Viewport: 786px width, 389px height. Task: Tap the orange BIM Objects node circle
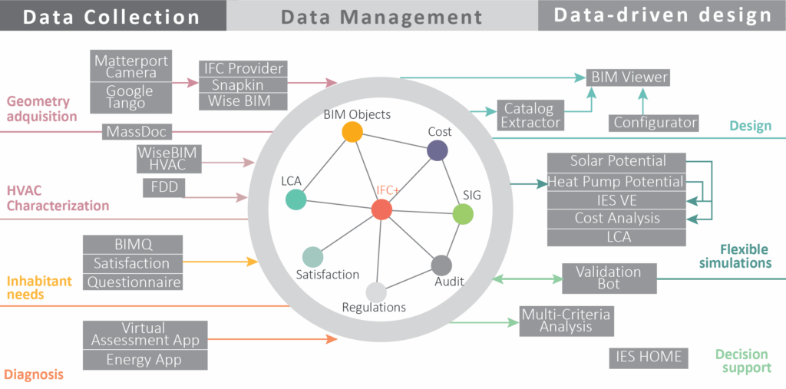tap(352, 132)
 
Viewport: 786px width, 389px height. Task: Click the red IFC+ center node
tap(381, 209)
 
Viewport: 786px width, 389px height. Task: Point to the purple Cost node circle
tap(437, 151)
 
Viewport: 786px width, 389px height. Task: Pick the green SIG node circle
tap(463, 214)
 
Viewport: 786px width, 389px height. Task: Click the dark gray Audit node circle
tap(441, 265)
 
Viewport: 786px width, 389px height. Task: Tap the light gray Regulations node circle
tap(375, 292)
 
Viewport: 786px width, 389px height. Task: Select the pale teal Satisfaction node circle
tap(312, 256)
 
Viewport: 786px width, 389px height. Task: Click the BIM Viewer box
tap(629, 77)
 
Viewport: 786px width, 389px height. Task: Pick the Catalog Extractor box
tap(529, 114)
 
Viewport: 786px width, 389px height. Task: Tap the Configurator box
tap(655, 122)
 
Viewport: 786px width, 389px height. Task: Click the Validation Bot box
tap(609, 278)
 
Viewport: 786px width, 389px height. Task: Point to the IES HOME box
tap(649, 357)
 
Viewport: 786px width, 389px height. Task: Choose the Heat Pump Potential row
tap(616, 182)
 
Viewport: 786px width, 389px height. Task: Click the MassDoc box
tap(137, 132)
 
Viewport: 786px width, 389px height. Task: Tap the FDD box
tap(163, 187)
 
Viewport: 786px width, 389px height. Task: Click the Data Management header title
tap(381, 17)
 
